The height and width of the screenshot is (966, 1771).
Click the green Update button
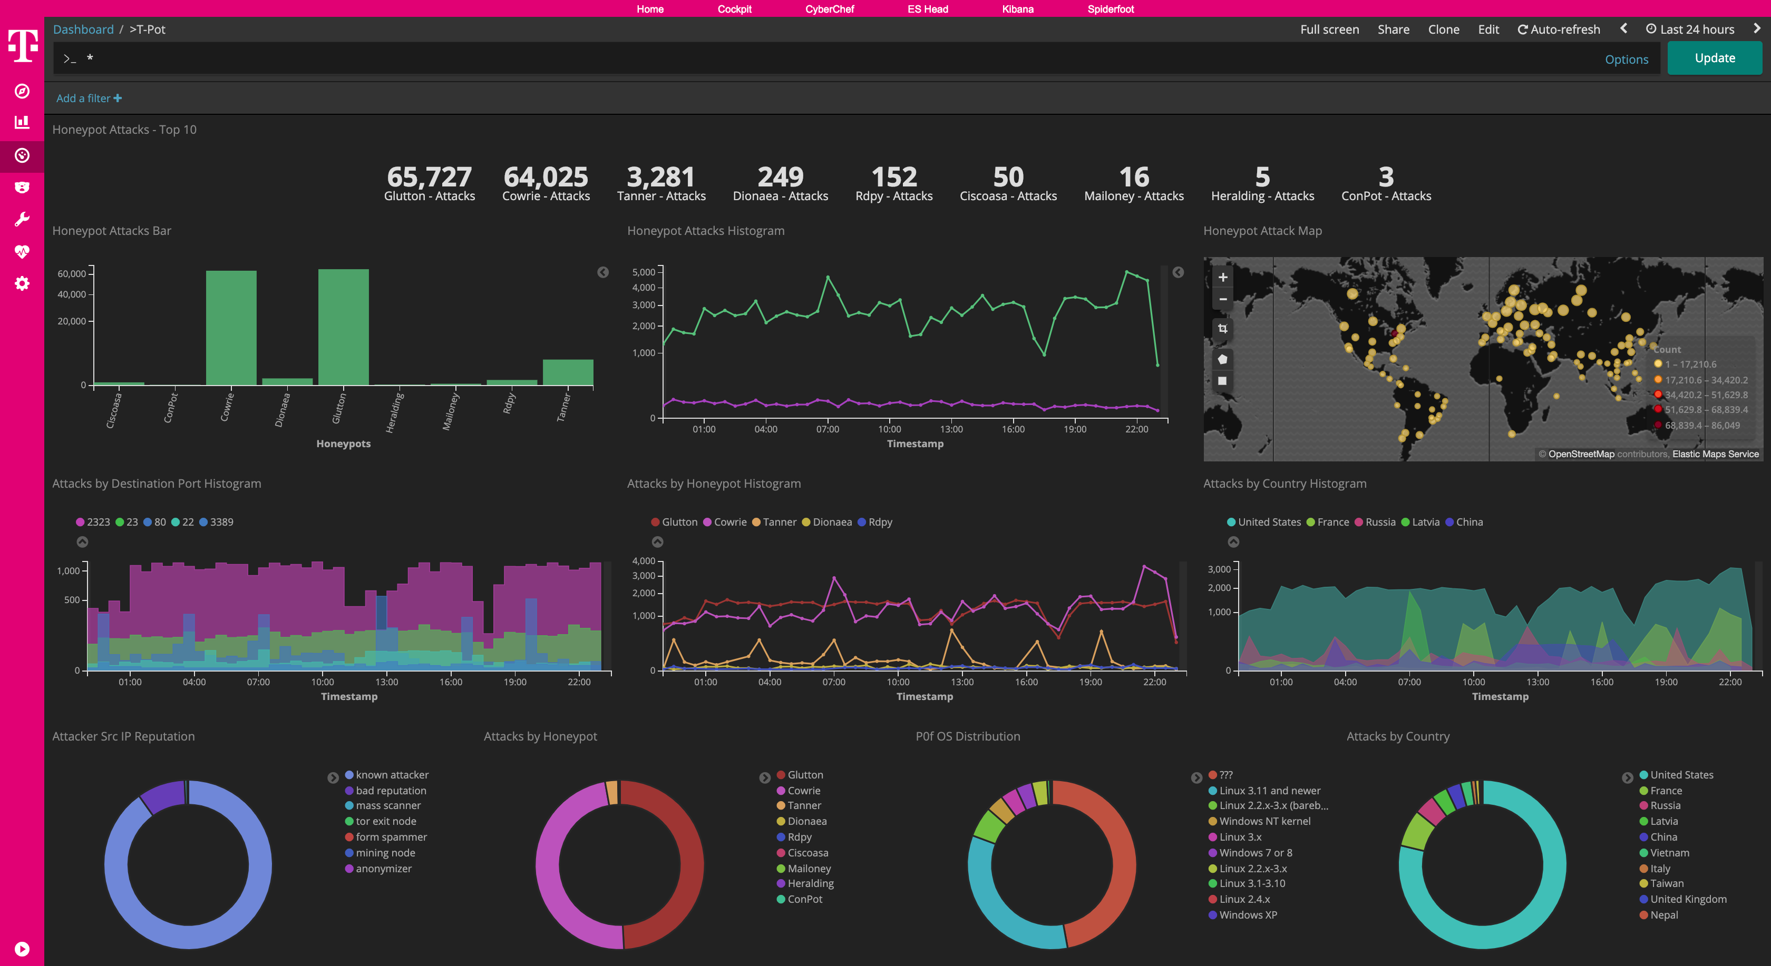(1714, 58)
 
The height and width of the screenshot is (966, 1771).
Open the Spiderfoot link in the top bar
(1111, 9)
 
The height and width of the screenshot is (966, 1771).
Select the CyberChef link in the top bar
(829, 9)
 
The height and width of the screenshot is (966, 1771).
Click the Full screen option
(1329, 29)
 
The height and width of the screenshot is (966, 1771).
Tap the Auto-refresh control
(1559, 29)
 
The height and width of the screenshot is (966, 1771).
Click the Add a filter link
(89, 98)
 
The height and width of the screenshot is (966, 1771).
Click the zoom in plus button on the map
(1222, 278)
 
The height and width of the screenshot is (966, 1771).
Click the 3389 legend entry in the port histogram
(217, 522)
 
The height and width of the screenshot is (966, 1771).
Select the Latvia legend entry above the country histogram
(1420, 522)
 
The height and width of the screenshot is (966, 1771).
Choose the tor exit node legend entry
(386, 821)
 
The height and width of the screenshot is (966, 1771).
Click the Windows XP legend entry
(1247, 915)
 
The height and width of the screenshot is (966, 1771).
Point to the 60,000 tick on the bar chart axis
(72, 273)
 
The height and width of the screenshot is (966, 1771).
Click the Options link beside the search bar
(1626, 60)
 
